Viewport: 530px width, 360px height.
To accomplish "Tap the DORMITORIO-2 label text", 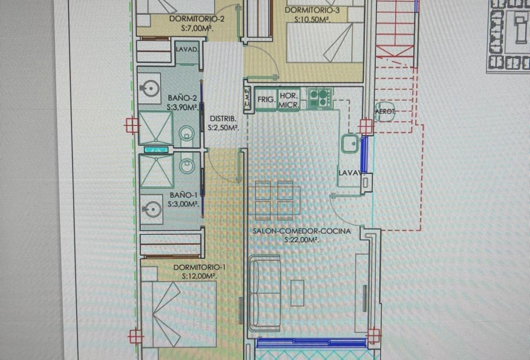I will click(x=191, y=19).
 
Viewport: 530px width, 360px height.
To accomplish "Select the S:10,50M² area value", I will click(x=312, y=19).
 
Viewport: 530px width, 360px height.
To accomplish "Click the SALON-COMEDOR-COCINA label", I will click(x=302, y=231).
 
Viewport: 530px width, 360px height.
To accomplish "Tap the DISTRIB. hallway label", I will click(x=223, y=119).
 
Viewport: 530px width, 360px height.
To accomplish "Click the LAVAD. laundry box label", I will click(x=187, y=50).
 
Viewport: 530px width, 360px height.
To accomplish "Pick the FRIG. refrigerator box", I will click(x=265, y=99).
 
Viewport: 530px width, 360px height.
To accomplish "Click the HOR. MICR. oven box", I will click(x=288, y=100).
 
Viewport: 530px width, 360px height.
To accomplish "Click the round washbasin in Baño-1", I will click(x=150, y=209).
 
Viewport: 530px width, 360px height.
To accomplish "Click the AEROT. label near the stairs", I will click(x=385, y=112).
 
